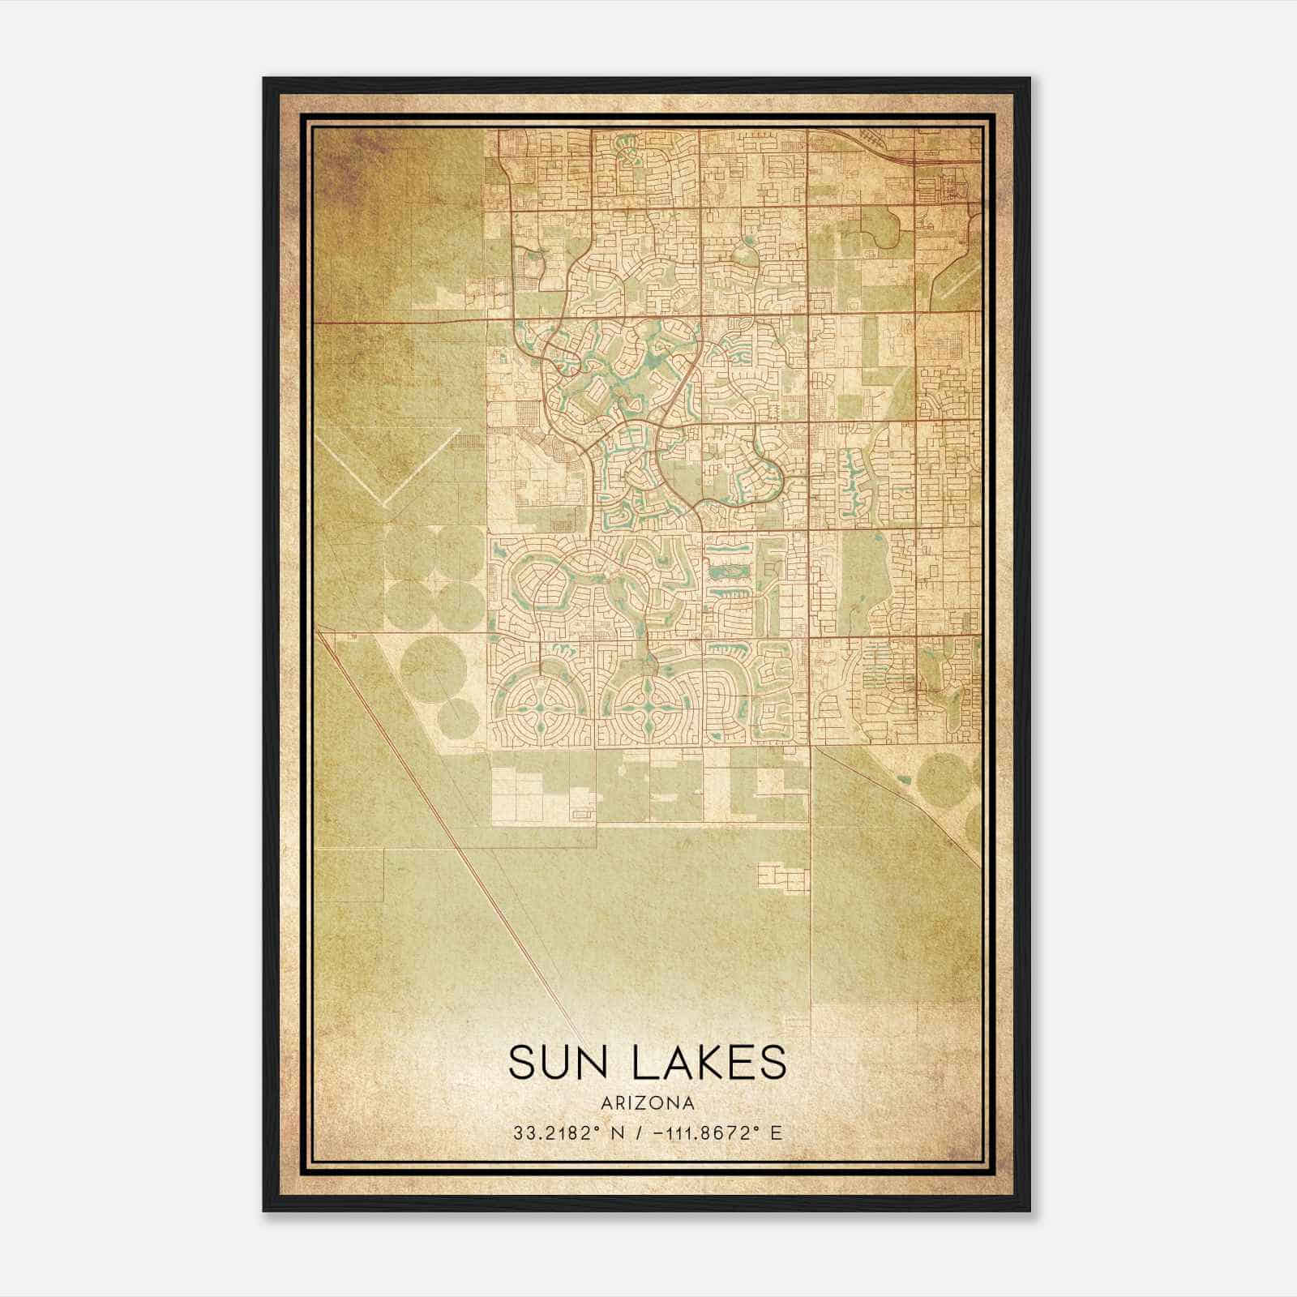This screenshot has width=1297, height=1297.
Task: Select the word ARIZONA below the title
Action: pos(648,1103)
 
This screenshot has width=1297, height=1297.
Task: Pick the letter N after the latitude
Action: pos(618,1132)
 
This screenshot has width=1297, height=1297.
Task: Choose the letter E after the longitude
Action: pos(777,1132)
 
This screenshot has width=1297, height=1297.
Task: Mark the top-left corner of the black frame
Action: pos(264,79)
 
